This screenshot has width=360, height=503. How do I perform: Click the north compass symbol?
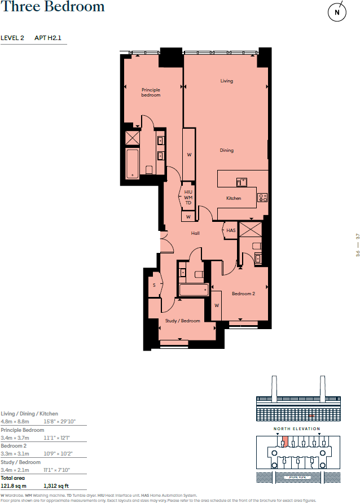pyautogui.click(x=337, y=12)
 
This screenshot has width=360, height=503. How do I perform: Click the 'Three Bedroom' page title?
pyautogui.click(x=52, y=7)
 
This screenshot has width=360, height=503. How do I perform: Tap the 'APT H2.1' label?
pyautogui.click(x=48, y=38)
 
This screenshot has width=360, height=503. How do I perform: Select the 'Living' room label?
pyautogui.click(x=226, y=81)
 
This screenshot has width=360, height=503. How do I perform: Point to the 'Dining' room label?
pyautogui.click(x=226, y=150)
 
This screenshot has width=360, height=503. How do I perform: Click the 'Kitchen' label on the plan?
pyautogui.click(x=234, y=198)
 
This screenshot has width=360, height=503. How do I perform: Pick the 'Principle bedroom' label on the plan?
pyautogui.click(x=151, y=93)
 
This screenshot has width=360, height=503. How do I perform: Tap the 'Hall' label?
pyautogui.click(x=195, y=233)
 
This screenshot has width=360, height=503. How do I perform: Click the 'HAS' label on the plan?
pyautogui.click(x=231, y=230)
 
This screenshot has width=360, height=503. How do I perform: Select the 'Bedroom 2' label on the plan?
pyautogui.click(x=244, y=294)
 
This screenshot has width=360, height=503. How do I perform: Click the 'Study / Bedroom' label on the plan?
pyautogui.click(x=182, y=321)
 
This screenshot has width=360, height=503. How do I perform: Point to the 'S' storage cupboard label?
pyautogui.click(x=153, y=285)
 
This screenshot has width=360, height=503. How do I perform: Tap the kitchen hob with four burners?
pyautogui.click(x=262, y=197)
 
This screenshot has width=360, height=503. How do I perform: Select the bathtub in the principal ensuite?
pyautogui.click(x=133, y=163)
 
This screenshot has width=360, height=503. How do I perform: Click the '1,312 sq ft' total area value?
pyautogui.click(x=56, y=485)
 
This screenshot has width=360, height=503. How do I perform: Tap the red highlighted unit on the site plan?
pyautogui.click(x=285, y=441)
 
